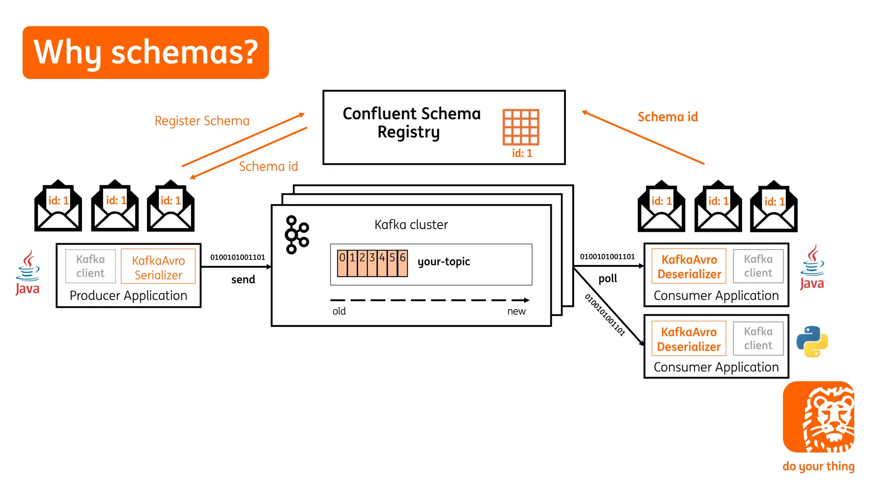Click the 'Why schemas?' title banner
pos(146,52)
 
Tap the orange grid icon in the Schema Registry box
pos(521,127)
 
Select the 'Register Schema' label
pos(202,121)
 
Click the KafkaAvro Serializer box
pos(158,267)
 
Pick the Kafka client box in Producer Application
pos(90,266)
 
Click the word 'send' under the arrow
pos(243,280)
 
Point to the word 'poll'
pos(607,279)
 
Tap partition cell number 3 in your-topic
pos(372,262)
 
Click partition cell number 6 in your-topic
pos(403,262)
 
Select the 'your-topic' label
pos(444,262)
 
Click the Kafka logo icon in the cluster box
pos(297,235)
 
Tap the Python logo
pos(812,342)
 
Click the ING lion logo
pos(818,417)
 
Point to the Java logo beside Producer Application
pos(28,273)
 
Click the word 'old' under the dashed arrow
pos(339,311)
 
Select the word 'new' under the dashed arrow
pos(516,311)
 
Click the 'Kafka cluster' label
pos(411,225)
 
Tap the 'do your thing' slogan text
pos(818,466)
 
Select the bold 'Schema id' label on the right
pos(668,117)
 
